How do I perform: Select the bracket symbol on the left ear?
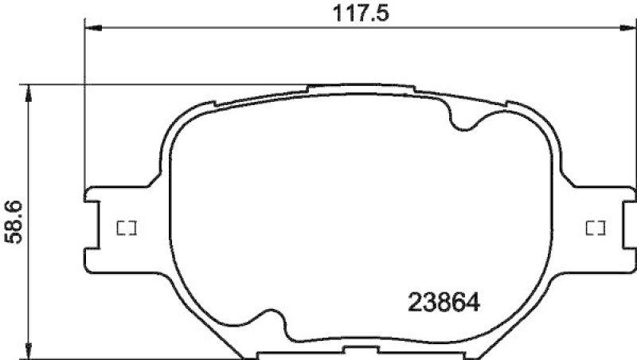[x=127, y=229]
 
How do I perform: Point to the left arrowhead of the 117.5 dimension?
[x=90, y=29]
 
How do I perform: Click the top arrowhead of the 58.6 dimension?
[x=30, y=90]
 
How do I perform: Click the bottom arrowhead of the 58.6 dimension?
[x=30, y=351]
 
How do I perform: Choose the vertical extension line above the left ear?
[x=85, y=104]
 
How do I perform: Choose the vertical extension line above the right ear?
[x=635, y=104]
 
